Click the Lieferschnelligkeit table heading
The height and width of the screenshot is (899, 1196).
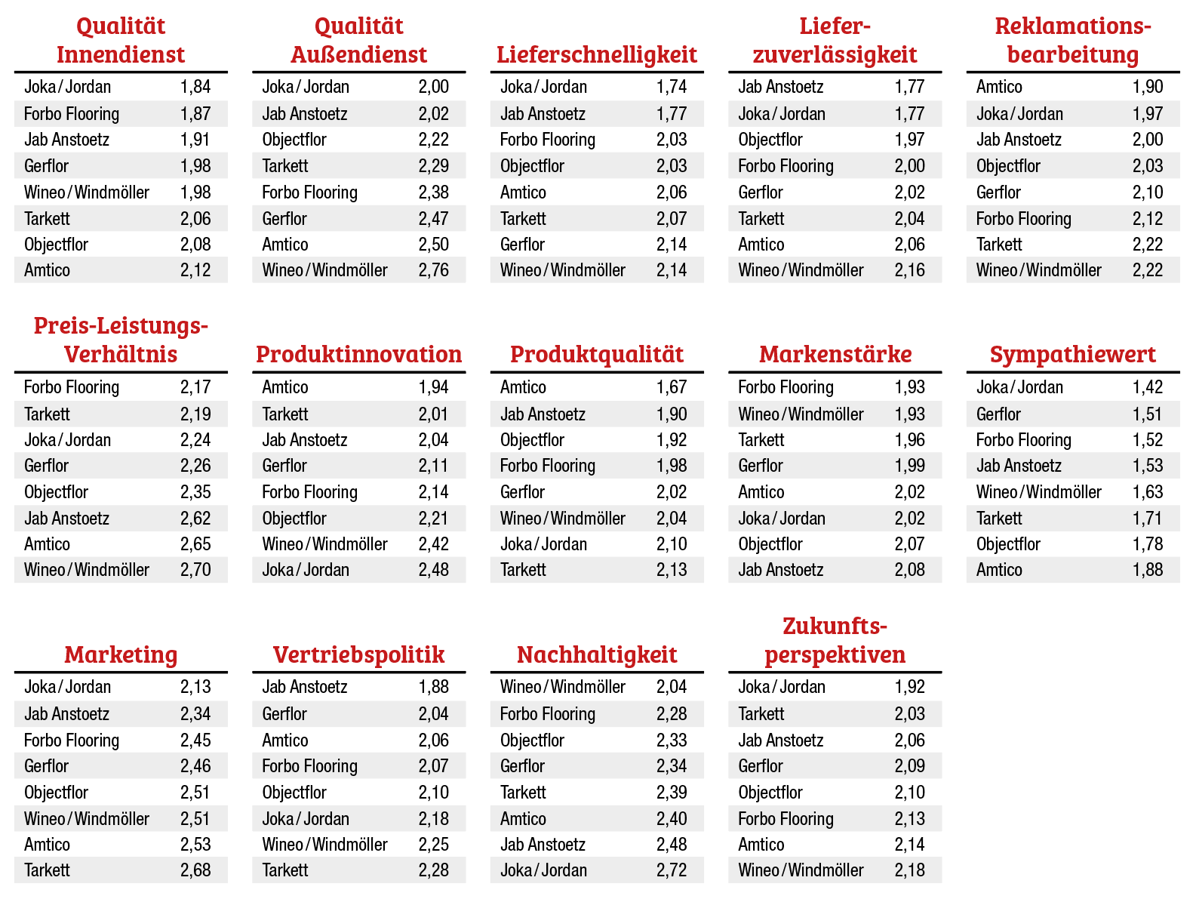coord(596,54)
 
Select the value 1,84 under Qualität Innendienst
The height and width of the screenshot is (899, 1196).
coord(195,87)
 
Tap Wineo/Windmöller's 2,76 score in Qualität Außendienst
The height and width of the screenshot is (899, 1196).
coord(433,270)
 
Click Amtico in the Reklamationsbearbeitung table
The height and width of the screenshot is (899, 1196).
coord(999,87)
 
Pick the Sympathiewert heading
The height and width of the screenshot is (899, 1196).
coord(1072,354)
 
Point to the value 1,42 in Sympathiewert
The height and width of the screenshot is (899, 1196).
coord(1148,387)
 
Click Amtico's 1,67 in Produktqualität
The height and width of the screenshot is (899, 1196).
coord(672,387)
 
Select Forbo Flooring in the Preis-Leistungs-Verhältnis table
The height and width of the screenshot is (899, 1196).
coord(72,387)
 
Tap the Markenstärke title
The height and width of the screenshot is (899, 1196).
coord(835,354)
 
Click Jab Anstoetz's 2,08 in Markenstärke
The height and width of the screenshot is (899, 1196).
coord(909,570)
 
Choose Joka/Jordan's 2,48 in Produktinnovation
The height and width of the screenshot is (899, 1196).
coord(433,570)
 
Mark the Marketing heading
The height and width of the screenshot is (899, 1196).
coord(121,654)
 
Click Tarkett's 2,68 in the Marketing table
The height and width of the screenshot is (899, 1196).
coord(195,870)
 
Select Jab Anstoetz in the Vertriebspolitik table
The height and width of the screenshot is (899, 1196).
coord(305,687)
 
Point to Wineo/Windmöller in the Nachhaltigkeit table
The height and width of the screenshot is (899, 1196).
coord(562,687)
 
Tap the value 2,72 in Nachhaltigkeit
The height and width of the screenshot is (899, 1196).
coord(672,870)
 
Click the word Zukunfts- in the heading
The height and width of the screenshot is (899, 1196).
coord(835,626)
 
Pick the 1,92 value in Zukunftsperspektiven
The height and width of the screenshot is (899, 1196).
coord(909,687)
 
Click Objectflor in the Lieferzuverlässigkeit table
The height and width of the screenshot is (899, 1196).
coord(770,140)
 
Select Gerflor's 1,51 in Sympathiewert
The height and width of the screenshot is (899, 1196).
coord(1148,414)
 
